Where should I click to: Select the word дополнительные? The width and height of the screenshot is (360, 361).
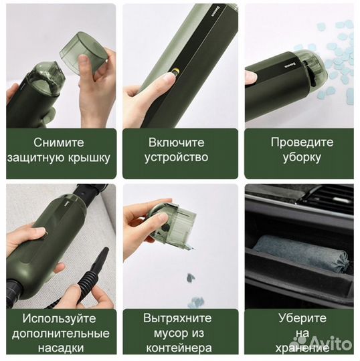[x=61, y=333]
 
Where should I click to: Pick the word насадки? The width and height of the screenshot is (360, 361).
[x=61, y=348]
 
